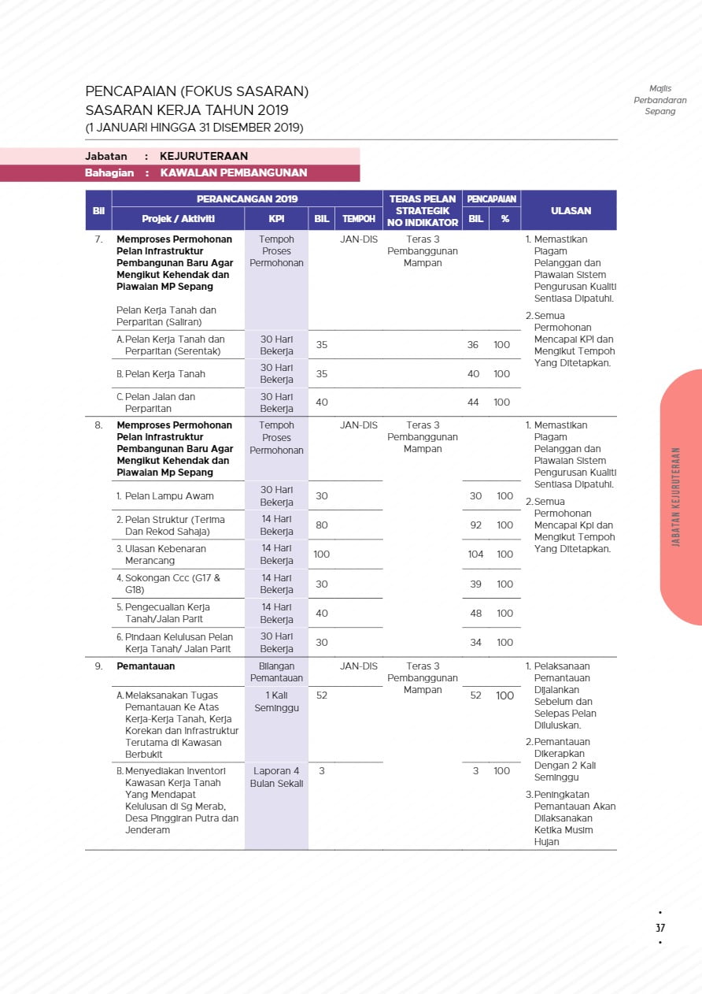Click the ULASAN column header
(571, 210)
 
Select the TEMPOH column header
(358, 219)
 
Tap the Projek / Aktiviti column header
(178, 219)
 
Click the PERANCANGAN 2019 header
(247, 199)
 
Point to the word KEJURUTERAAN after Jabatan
(203, 156)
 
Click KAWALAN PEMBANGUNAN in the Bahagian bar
(233, 172)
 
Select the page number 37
(660, 928)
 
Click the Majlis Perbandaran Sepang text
(660, 100)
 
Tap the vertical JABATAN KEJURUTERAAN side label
(676, 497)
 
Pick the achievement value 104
(475, 554)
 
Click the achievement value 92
(475, 525)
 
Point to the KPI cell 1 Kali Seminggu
(276, 702)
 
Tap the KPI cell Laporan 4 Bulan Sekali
(276, 777)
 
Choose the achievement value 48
(475, 614)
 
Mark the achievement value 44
(473, 402)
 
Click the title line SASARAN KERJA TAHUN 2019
(187, 110)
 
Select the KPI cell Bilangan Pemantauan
(276, 672)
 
